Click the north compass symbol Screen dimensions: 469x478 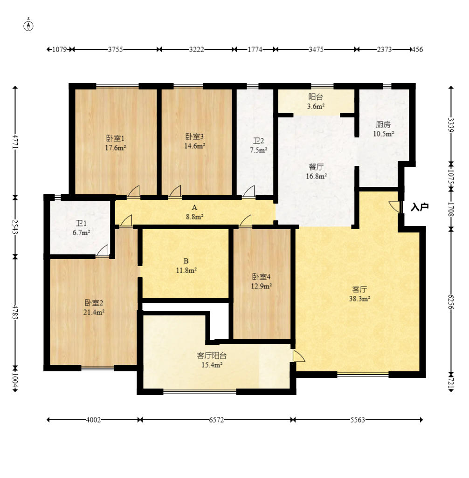point(28,26)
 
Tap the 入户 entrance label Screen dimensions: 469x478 point(420,207)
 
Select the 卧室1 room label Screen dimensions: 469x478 point(115,138)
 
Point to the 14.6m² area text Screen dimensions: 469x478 point(194,146)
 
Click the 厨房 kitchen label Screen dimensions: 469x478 point(383,124)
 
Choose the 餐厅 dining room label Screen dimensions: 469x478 point(316,167)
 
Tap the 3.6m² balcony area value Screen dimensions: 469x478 point(316,106)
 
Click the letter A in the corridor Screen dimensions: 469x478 point(194,208)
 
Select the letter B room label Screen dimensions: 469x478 point(186,261)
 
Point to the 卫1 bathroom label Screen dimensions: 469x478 point(81,223)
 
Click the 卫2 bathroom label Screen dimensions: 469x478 point(258,141)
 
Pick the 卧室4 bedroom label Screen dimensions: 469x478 point(261,277)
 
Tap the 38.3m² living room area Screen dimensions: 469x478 point(359,299)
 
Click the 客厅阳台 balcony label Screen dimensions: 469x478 point(212,355)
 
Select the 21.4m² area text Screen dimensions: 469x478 point(94,312)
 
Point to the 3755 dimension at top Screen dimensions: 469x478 point(115,49)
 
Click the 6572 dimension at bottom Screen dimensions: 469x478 point(216,420)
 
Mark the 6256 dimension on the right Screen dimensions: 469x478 point(451,301)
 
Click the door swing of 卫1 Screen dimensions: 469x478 point(103,250)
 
